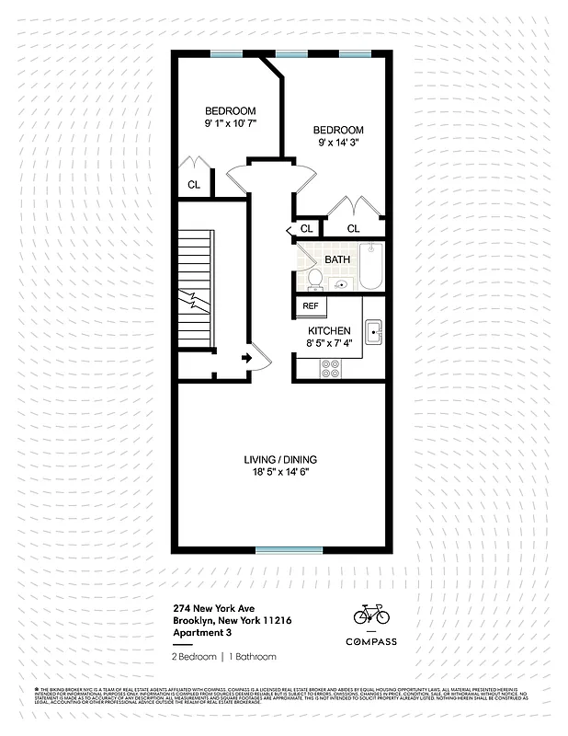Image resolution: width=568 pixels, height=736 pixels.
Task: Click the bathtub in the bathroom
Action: click(370, 267)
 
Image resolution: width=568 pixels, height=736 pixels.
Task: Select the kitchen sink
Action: click(373, 332)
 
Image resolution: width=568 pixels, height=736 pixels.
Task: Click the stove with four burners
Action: click(330, 368)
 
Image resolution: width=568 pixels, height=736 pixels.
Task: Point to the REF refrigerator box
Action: click(311, 306)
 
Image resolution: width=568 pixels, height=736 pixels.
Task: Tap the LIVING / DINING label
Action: click(281, 459)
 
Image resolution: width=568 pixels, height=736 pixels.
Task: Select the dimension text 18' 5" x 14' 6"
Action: click(281, 472)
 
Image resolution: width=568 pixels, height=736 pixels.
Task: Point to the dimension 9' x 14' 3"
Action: click(338, 143)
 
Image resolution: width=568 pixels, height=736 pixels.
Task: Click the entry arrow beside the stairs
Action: click(246, 358)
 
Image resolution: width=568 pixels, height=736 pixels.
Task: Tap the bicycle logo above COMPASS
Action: click(371, 614)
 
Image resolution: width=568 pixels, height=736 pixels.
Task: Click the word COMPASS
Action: click(371, 641)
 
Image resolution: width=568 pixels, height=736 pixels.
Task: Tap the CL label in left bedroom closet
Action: click(194, 185)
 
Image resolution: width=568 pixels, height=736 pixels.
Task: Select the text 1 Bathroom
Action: click(253, 657)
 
